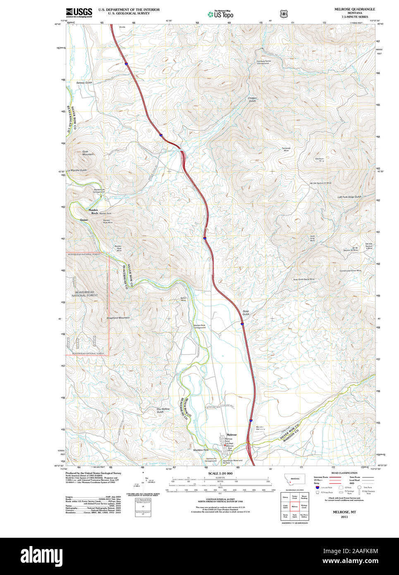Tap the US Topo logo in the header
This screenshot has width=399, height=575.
(x=220, y=14)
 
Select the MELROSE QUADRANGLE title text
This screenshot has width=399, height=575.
(x=355, y=9)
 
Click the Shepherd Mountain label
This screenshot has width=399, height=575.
(x=118, y=318)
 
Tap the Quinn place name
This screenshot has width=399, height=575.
(x=84, y=220)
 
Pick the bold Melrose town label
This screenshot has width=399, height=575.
(x=232, y=435)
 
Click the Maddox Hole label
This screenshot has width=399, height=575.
(x=201, y=450)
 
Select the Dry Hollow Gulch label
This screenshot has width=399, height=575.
(x=163, y=410)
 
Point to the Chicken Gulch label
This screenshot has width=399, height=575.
(x=252, y=99)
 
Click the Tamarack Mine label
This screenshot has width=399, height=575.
(x=286, y=149)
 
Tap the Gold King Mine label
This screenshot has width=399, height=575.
(x=312, y=238)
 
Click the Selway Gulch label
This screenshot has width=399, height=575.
(x=84, y=83)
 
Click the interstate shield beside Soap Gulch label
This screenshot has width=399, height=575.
(x=242, y=324)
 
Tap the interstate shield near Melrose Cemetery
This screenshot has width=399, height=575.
(x=251, y=420)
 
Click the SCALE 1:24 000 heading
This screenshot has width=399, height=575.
(x=220, y=473)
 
